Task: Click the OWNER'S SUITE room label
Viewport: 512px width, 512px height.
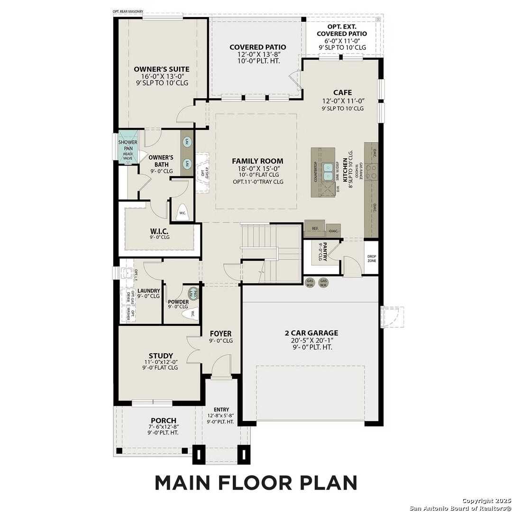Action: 161,69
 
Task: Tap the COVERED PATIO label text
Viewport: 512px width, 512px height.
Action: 257,47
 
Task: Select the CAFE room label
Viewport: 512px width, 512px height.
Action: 342,92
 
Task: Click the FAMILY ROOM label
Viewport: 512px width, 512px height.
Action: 257,161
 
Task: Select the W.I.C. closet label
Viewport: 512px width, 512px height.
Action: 160,231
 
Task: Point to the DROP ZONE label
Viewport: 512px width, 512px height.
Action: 372,258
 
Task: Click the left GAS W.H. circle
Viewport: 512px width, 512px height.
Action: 311,282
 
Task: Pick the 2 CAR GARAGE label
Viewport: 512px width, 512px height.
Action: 311,333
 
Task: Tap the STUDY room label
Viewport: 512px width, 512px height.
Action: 160,356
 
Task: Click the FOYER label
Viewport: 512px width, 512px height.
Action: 220,334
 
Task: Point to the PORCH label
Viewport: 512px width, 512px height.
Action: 164,421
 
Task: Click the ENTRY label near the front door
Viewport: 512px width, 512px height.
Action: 221,410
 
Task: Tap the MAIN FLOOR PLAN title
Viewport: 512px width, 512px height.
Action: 256,482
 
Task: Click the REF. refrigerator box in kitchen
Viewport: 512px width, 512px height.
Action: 315,229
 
